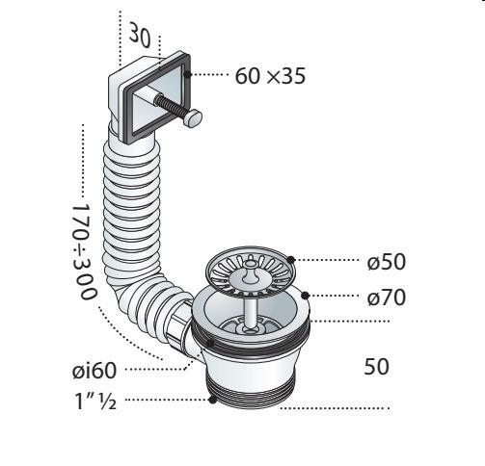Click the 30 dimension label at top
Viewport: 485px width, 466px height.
pyautogui.click(x=140, y=36)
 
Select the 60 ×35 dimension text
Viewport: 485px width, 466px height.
pyautogui.click(x=270, y=76)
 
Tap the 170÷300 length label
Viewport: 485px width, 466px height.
pyautogui.click(x=84, y=250)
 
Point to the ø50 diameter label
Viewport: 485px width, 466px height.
pyautogui.click(x=387, y=262)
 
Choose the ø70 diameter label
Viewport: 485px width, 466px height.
pyautogui.click(x=387, y=298)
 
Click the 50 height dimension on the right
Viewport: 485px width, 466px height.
pyautogui.click(x=376, y=367)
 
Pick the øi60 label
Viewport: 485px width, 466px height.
pyautogui.click(x=94, y=371)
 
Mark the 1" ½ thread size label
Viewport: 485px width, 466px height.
pyautogui.click(x=95, y=401)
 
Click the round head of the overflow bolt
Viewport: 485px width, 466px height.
pyautogui.click(x=194, y=117)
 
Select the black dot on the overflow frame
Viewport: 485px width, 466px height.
pyautogui.click(x=187, y=74)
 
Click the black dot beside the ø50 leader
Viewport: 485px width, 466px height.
pyautogui.click(x=291, y=260)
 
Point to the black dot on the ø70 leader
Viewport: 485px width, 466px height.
pyautogui.click(x=305, y=296)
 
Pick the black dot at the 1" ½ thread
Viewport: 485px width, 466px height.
pyautogui.click(x=212, y=400)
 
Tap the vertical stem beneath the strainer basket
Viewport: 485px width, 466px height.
pyautogui.click(x=250, y=313)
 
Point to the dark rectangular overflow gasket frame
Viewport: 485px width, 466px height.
pyautogui.click(x=155, y=98)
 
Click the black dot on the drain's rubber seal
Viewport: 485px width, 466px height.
pyautogui.click(x=209, y=344)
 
